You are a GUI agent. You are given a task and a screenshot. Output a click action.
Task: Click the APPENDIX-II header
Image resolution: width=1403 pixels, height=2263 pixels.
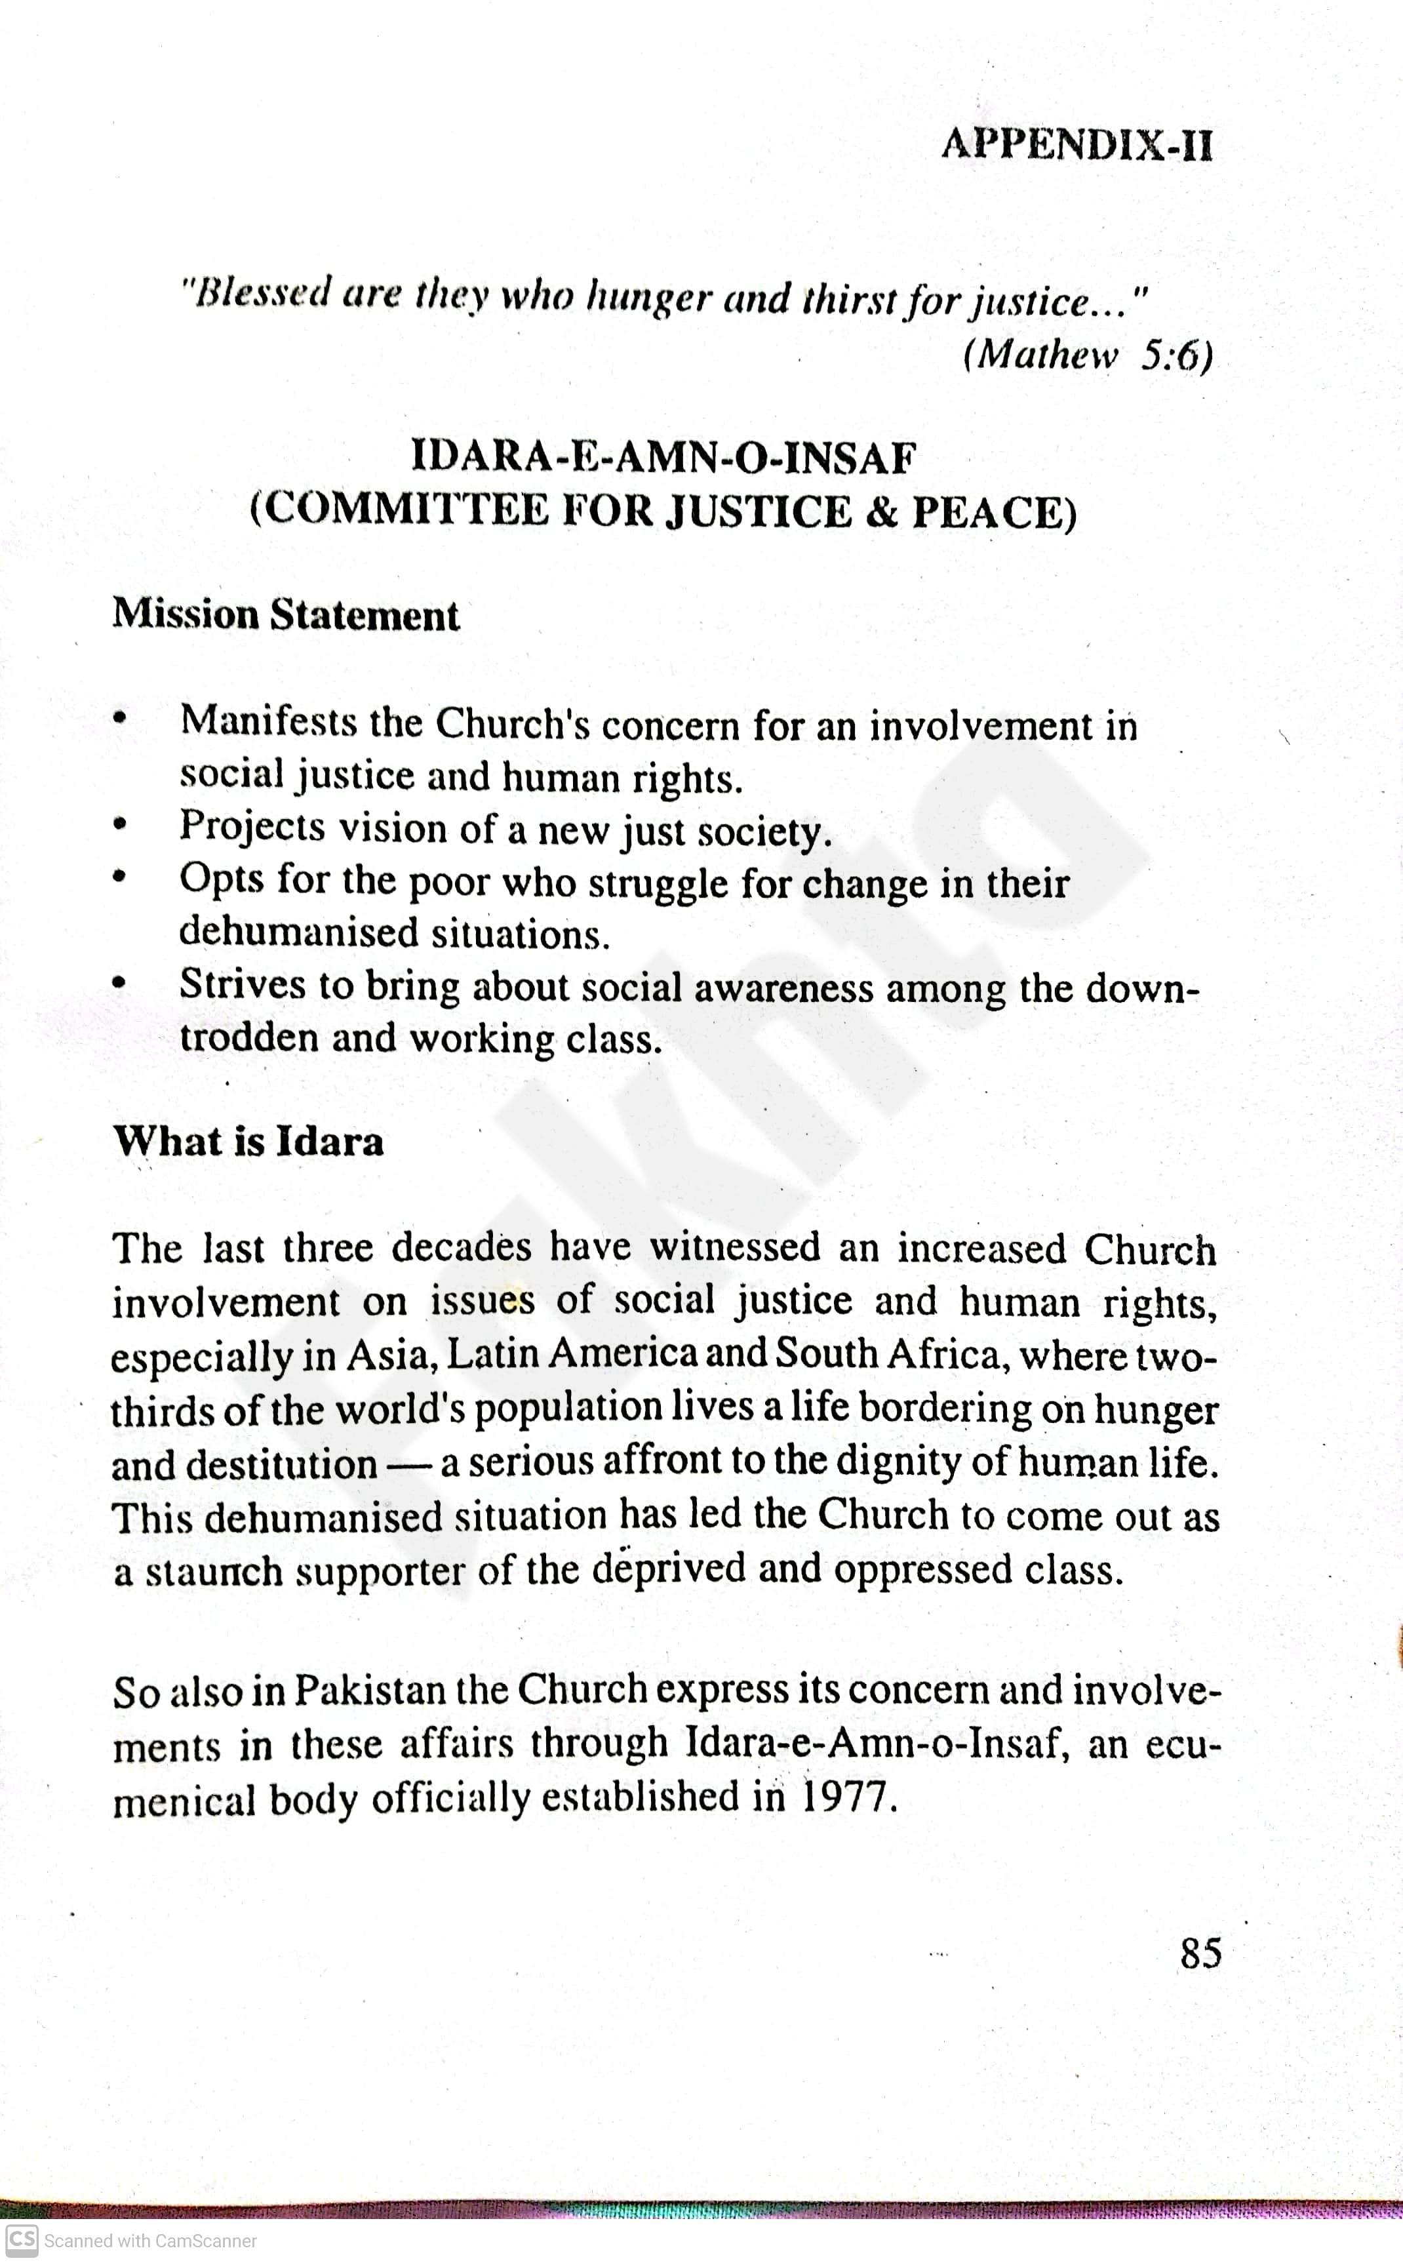[1077, 146]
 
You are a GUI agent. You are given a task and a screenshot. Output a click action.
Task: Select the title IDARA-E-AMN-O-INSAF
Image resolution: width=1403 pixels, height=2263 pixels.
[663, 458]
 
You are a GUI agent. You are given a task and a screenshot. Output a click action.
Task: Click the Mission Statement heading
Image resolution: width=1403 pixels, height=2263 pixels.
[286, 615]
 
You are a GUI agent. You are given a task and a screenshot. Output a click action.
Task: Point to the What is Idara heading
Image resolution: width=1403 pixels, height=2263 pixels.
[248, 1141]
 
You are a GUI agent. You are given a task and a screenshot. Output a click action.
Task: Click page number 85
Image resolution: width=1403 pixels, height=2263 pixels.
[1200, 1953]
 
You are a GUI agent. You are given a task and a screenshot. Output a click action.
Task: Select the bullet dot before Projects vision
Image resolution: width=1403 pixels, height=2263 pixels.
[118, 823]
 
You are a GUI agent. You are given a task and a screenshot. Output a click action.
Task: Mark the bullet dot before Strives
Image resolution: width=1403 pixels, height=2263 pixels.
[118, 981]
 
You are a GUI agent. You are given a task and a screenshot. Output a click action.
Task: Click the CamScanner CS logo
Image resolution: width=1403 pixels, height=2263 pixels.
[20, 2240]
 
